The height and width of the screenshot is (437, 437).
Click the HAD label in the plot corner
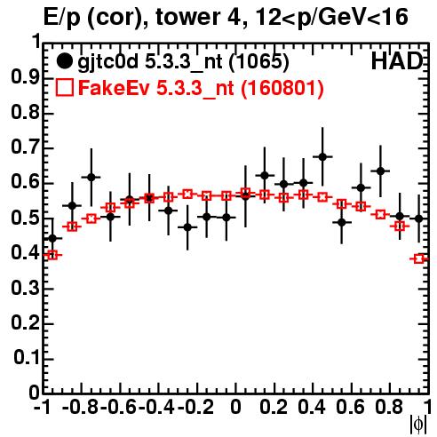tap(397, 61)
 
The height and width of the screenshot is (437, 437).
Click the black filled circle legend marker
tap(64, 61)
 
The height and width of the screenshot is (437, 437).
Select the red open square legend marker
tap(64, 87)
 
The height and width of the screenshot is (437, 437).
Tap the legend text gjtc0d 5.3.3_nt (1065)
tap(183, 63)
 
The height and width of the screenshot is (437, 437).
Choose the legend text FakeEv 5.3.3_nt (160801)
tap(201, 88)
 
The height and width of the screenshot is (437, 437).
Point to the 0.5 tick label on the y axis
tap(25, 218)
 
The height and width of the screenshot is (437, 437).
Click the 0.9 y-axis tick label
tap(25, 77)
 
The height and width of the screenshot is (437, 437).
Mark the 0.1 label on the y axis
tap(27, 358)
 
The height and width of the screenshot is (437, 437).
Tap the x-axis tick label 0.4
tap(312, 407)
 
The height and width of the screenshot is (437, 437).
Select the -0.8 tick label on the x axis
tap(81, 407)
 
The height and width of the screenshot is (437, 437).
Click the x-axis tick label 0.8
tap(389, 407)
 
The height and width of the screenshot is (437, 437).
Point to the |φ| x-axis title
tap(418, 425)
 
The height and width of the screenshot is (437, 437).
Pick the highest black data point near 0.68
tap(322, 156)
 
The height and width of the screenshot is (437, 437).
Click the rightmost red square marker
tap(418, 258)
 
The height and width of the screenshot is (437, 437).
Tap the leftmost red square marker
tap(52, 255)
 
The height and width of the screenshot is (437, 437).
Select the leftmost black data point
tap(52, 238)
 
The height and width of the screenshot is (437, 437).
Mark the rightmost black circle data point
tap(418, 218)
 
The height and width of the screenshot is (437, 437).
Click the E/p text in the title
tap(62, 18)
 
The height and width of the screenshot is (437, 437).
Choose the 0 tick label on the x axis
tap(235, 407)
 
